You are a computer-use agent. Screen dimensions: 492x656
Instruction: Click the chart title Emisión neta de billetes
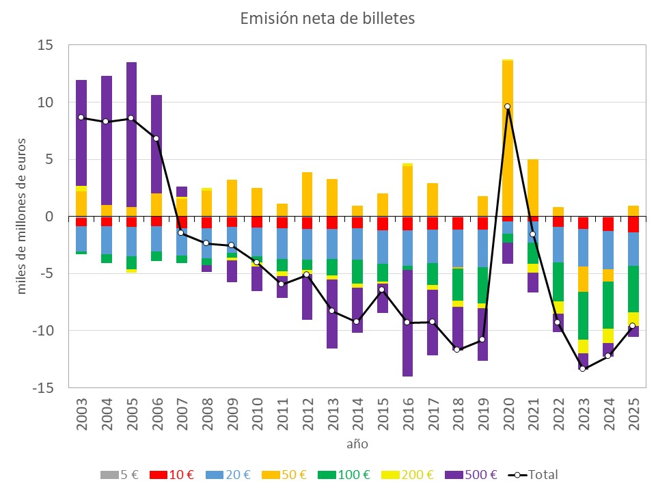click(327, 19)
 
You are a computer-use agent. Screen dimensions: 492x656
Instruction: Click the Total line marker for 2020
click(507, 106)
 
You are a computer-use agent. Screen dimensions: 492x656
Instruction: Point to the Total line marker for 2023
click(582, 368)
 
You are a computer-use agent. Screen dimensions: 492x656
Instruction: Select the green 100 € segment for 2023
click(582, 316)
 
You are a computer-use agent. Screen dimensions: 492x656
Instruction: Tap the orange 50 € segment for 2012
click(307, 194)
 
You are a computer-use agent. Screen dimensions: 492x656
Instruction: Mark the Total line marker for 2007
click(181, 233)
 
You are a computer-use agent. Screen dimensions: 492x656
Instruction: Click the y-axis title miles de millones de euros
click(21, 217)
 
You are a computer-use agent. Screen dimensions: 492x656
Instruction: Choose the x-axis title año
click(356, 443)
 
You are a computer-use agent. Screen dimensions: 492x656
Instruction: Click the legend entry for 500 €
click(470, 475)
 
